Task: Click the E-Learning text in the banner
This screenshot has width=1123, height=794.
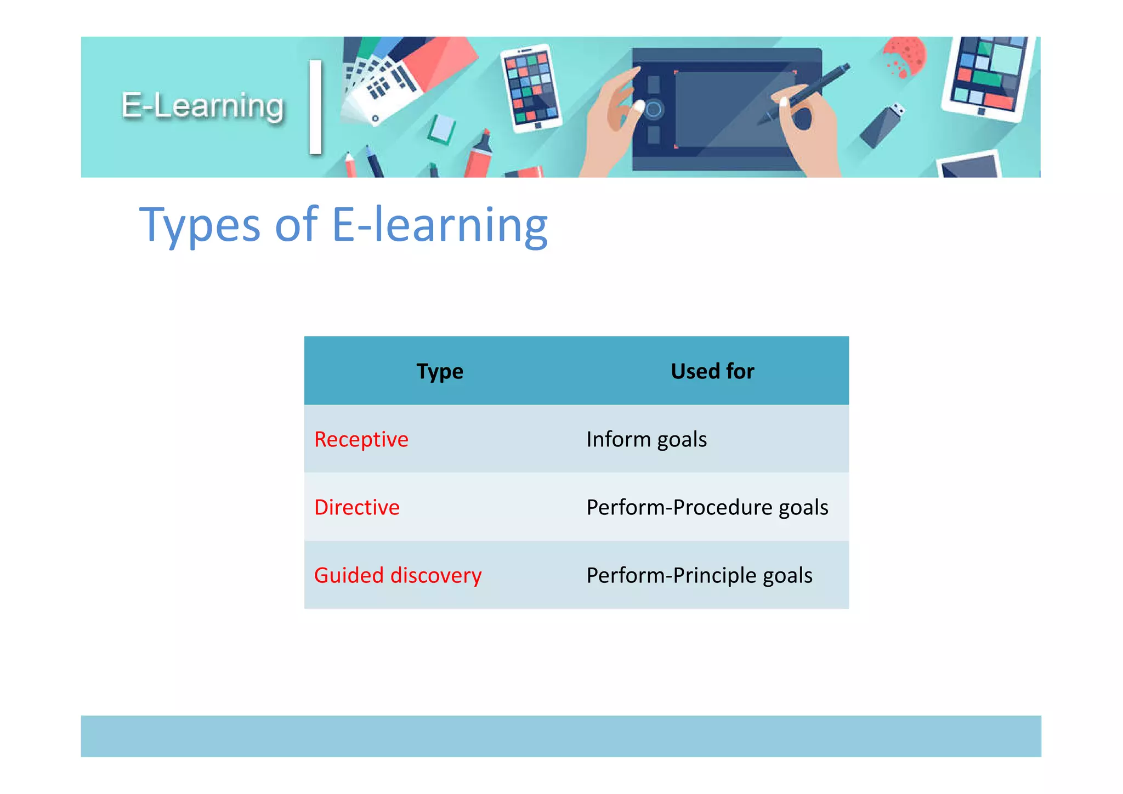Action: pos(203,106)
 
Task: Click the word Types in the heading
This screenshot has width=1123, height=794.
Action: pos(200,225)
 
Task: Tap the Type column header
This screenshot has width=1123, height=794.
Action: pos(440,371)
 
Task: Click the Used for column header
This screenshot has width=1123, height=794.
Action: pos(712,371)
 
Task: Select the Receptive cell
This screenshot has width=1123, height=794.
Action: pos(361,439)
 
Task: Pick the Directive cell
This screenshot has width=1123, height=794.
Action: pos(357,507)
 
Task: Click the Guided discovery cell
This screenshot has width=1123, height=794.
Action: pos(398,575)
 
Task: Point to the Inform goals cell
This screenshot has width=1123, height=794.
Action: pos(646,439)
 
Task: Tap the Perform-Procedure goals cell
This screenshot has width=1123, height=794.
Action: pos(707,507)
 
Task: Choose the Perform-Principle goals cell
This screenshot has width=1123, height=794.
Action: pos(699,575)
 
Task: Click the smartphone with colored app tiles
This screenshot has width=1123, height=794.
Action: pos(531,88)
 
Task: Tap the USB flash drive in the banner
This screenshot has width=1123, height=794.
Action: pos(881,126)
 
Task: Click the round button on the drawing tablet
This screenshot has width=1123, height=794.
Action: pos(654,110)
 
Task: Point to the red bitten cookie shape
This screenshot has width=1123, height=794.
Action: pos(905,55)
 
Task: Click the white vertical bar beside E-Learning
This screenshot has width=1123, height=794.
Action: pos(315,107)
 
